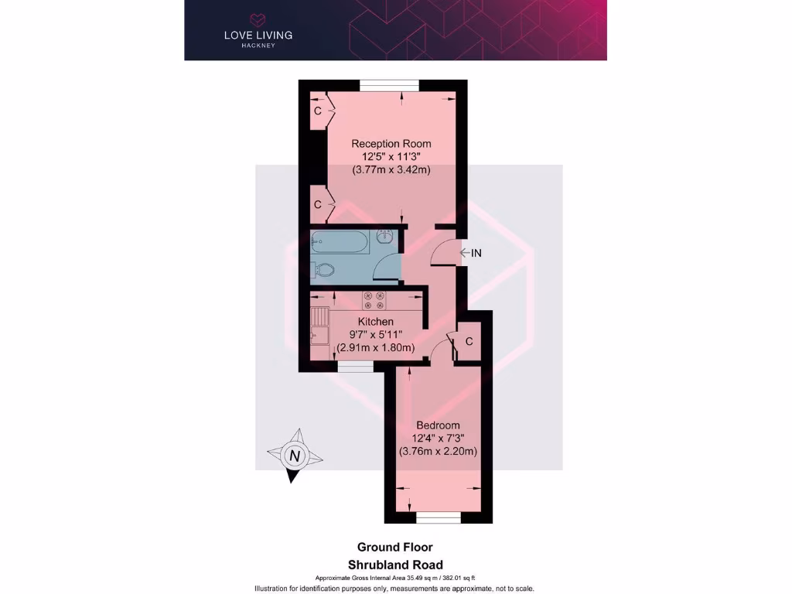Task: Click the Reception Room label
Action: coord(391,144)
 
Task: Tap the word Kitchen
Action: coord(375,322)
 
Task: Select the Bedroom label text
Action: coord(438,425)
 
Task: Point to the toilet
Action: coord(323,270)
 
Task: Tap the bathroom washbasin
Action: coord(386,238)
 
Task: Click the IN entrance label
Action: coord(476,253)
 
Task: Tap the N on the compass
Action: coord(293,456)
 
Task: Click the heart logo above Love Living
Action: coord(258,19)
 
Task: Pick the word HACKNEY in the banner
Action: coord(258,46)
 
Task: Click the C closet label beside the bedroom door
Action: coord(469,341)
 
